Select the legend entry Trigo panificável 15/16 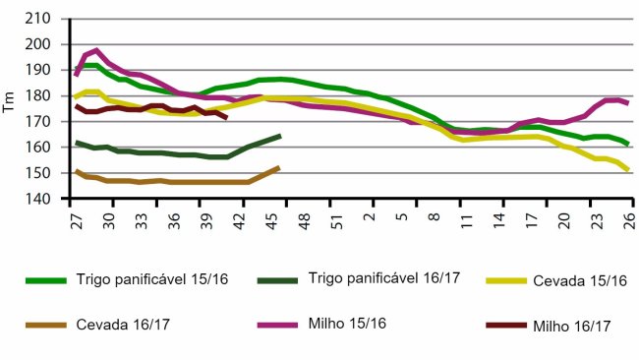pyautogui.click(x=151, y=280)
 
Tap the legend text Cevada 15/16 pyautogui.click(x=580, y=280)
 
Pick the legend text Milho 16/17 pyautogui.click(x=570, y=327)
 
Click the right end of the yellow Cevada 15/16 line pyautogui.click(x=627, y=171)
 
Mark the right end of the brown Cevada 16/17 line pyautogui.click(x=280, y=167)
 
